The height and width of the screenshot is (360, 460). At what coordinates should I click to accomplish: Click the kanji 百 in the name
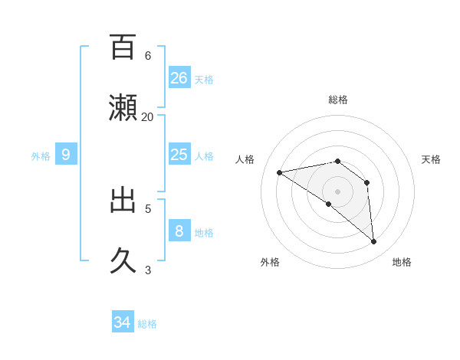click(x=123, y=47)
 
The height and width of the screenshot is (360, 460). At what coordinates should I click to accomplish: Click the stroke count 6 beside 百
click(x=148, y=56)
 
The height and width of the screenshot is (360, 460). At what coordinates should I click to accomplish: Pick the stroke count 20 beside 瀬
click(x=148, y=117)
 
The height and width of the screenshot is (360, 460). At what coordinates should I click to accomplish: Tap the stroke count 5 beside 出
click(x=148, y=208)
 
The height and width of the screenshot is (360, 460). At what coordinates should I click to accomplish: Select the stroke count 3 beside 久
click(x=148, y=270)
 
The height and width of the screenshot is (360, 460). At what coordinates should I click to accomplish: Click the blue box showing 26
click(x=179, y=78)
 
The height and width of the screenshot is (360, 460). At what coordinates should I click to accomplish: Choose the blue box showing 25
click(x=179, y=155)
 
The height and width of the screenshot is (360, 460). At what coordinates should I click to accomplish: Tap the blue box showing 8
click(x=179, y=231)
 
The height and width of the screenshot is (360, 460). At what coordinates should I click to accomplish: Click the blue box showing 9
click(x=66, y=155)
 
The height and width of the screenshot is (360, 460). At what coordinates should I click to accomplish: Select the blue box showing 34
click(x=123, y=322)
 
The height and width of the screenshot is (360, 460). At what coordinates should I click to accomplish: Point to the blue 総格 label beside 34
click(x=147, y=324)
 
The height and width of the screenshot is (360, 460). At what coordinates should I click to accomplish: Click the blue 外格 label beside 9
click(x=41, y=156)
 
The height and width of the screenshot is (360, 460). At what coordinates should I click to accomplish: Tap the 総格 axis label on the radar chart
click(x=338, y=100)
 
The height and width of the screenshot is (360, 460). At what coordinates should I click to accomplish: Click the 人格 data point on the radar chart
click(x=280, y=172)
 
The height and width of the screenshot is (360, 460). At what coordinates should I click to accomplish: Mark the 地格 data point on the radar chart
click(x=374, y=242)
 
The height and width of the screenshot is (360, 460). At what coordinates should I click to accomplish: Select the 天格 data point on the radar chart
click(x=367, y=182)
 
